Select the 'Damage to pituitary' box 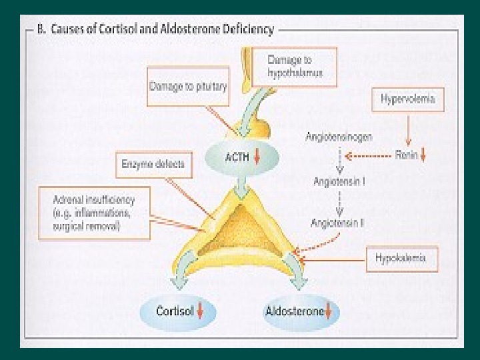pyautogui.click(x=187, y=86)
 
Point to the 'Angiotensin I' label pyautogui.click(x=339, y=181)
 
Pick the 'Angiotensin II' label pyautogui.click(x=337, y=224)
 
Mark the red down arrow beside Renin pyautogui.click(x=423, y=157)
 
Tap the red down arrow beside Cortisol pyautogui.click(x=200, y=311)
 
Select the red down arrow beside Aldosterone pyautogui.click(x=328, y=311)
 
